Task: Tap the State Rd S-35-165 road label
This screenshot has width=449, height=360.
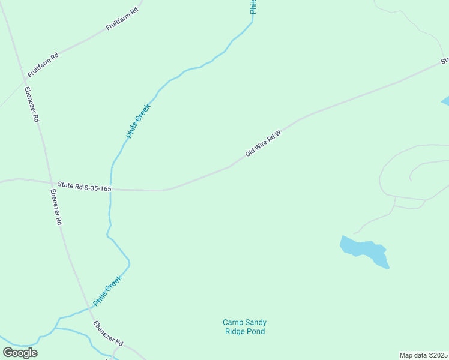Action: [85, 187]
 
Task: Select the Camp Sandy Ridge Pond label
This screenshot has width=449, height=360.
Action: [244, 326]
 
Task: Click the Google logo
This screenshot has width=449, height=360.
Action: [20, 352]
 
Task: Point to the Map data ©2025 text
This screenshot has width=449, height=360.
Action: [424, 355]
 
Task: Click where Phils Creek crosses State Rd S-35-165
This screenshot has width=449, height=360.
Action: [111, 189]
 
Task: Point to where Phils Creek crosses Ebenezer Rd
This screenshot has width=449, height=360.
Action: [89, 308]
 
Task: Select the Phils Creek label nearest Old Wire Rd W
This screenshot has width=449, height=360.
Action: [137, 121]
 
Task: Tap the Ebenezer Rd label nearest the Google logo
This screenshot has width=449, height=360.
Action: [108, 334]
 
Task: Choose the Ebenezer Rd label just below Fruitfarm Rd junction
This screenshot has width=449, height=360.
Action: [32, 104]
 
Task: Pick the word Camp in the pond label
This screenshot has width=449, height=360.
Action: [232, 322]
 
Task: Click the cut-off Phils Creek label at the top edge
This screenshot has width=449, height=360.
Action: [253, 7]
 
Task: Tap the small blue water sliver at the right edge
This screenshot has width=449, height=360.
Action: [445, 101]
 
